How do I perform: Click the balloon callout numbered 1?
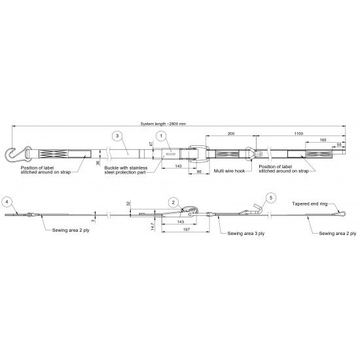(161, 136)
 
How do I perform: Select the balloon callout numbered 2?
(173, 202)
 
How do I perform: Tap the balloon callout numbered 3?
(117, 136)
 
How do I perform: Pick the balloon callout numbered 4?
(7, 202)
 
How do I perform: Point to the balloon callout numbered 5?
(271, 198)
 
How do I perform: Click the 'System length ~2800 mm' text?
(163, 124)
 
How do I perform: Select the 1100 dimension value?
(298, 134)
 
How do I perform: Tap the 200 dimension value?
(231, 134)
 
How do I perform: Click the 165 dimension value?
(323, 140)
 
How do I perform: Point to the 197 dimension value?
(186, 229)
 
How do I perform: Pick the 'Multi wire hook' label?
(229, 171)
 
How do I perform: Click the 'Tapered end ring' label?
(310, 204)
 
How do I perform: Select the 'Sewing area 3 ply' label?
(246, 234)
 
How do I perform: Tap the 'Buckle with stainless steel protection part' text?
(126, 170)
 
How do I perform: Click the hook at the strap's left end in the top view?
(14, 153)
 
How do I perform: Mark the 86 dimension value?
(199, 171)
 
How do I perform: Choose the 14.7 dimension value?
(153, 226)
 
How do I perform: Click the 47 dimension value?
(151, 144)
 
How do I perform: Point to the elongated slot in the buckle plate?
(171, 154)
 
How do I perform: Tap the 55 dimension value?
(339, 145)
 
